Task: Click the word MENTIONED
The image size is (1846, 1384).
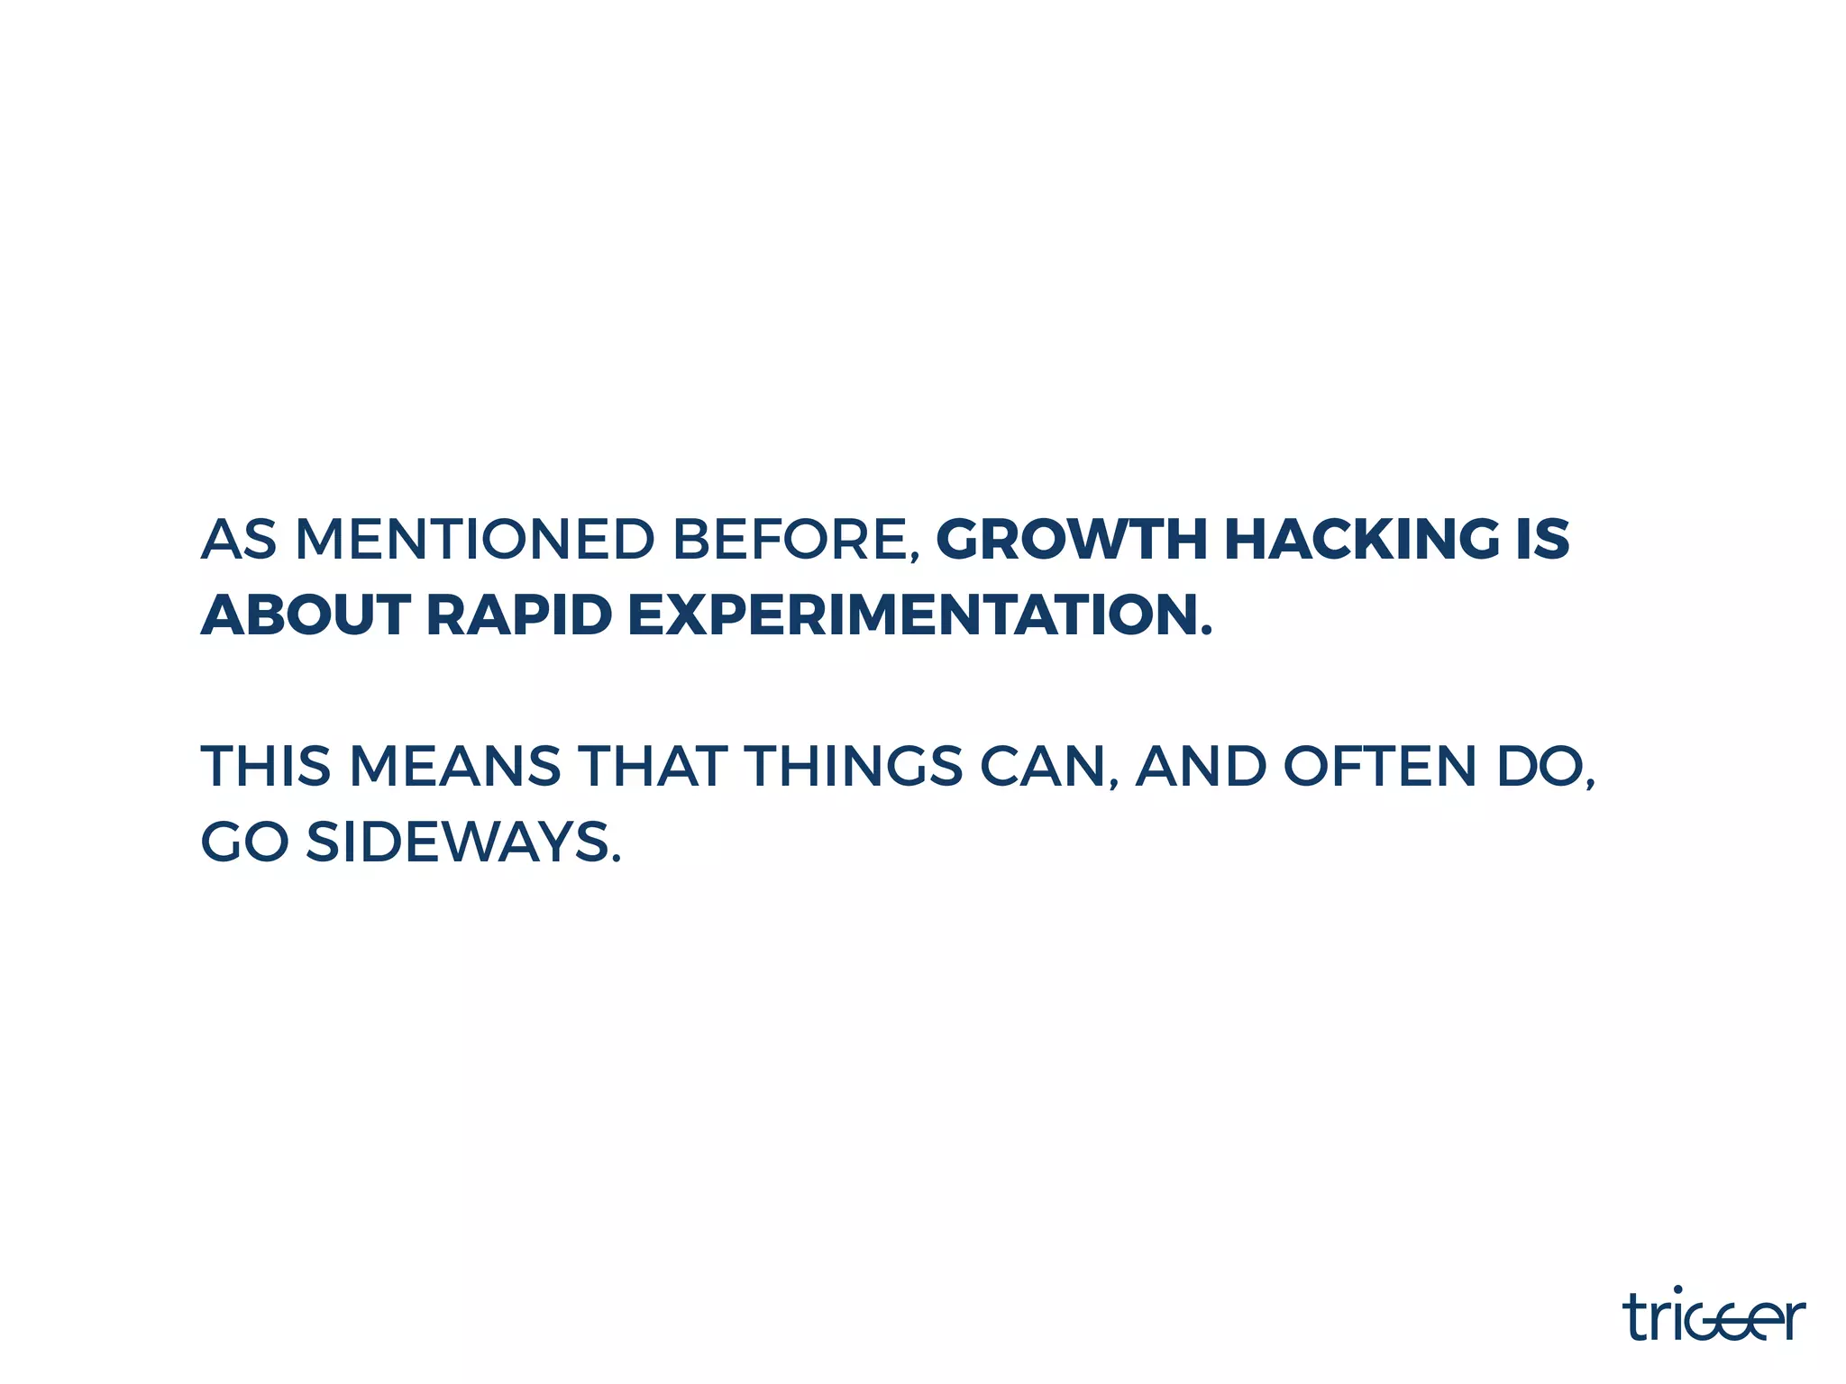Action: (474, 540)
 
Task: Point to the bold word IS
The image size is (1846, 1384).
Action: (1542, 540)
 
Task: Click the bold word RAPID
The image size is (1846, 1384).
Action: (518, 615)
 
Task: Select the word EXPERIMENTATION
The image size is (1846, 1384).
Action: (914, 615)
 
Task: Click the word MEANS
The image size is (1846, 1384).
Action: (455, 767)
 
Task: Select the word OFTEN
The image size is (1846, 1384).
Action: (1379, 767)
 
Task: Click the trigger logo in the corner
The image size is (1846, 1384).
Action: (1713, 1316)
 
